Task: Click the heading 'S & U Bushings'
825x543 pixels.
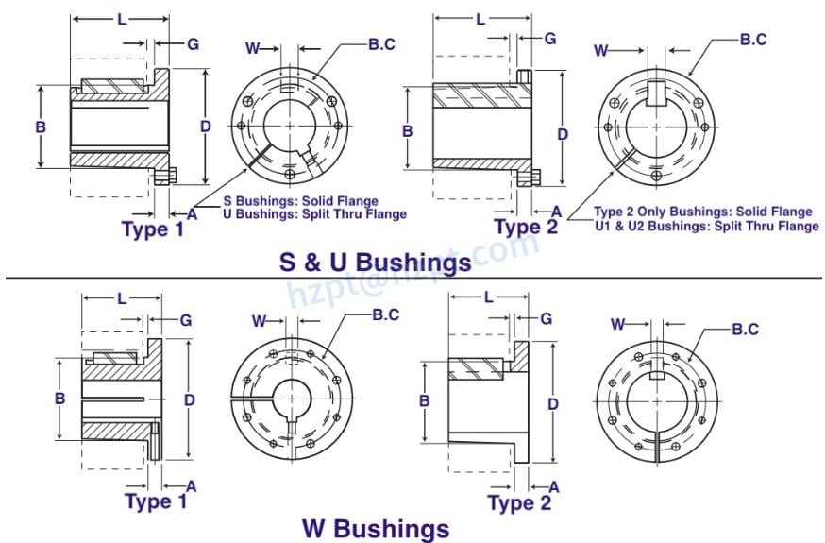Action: [x=375, y=262]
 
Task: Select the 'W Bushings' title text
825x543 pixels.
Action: [x=376, y=527]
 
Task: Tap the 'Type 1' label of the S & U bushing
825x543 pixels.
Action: [x=152, y=228]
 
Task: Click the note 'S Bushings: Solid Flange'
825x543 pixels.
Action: [x=300, y=201]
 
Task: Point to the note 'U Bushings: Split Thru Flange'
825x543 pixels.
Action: [x=314, y=214]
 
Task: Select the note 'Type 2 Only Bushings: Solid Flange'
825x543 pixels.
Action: [x=702, y=212]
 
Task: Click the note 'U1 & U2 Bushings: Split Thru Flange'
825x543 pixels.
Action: [x=705, y=226]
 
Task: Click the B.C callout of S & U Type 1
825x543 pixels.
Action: [x=382, y=43]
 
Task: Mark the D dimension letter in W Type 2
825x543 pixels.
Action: [x=552, y=403]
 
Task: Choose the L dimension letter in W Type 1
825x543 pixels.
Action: [x=121, y=298]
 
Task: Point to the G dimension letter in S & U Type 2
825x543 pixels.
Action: [x=549, y=39]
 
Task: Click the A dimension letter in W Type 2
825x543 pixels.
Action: [x=554, y=486]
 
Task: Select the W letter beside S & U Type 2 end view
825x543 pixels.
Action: [x=601, y=51]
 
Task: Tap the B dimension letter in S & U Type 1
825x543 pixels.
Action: [x=41, y=127]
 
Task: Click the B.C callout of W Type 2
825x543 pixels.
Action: [x=746, y=329]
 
